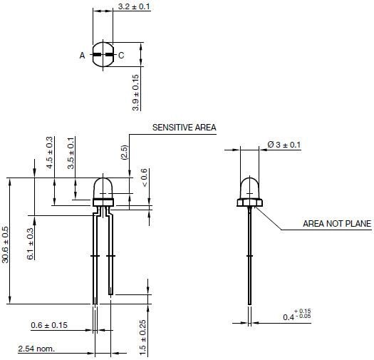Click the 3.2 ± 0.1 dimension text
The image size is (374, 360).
(134, 7)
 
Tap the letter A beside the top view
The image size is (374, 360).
(82, 56)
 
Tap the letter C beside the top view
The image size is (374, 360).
(121, 56)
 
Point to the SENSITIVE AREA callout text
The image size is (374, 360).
(184, 128)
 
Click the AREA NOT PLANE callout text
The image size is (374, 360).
(337, 224)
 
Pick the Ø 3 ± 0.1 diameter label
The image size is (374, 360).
(284, 145)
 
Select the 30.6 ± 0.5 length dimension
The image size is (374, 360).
(6, 245)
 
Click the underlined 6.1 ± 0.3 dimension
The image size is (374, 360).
(30, 244)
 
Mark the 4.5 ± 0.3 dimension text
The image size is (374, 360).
(49, 152)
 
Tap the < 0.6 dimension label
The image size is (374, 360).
(145, 178)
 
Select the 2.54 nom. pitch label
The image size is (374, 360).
(36, 349)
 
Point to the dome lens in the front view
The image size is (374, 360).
(249, 187)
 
